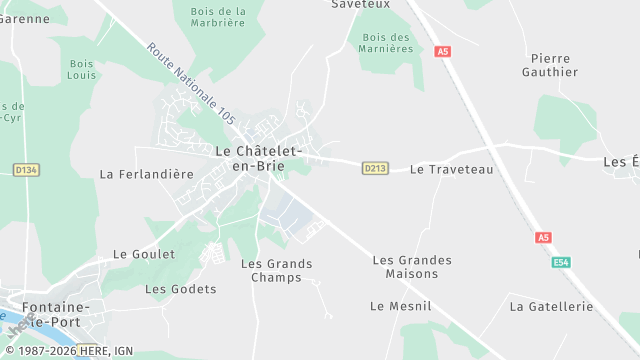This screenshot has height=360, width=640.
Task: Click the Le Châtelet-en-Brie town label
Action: click(x=258, y=158)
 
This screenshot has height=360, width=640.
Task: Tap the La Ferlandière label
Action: click(x=147, y=173)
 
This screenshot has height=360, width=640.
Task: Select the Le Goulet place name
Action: click(x=144, y=254)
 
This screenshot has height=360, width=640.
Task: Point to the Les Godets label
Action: click(x=180, y=289)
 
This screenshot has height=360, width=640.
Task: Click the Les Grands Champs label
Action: click(x=277, y=271)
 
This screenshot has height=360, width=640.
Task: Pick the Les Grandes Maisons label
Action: click(x=412, y=267)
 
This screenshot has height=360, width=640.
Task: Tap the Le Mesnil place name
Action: click(x=392, y=305)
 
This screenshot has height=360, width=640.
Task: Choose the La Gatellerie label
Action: click(x=551, y=306)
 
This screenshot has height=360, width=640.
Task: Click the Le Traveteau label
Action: click(x=452, y=170)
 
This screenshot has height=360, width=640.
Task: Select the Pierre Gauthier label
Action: click(x=551, y=65)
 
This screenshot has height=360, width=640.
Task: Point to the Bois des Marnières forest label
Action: click(x=385, y=42)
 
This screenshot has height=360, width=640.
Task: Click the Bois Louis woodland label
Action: click(x=82, y=69)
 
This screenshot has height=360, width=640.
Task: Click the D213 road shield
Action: click(x=375, y=169)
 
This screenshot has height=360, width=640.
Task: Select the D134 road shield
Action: click(x=27, y=170)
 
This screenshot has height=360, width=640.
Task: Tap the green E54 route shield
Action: click(x=562, y=262)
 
